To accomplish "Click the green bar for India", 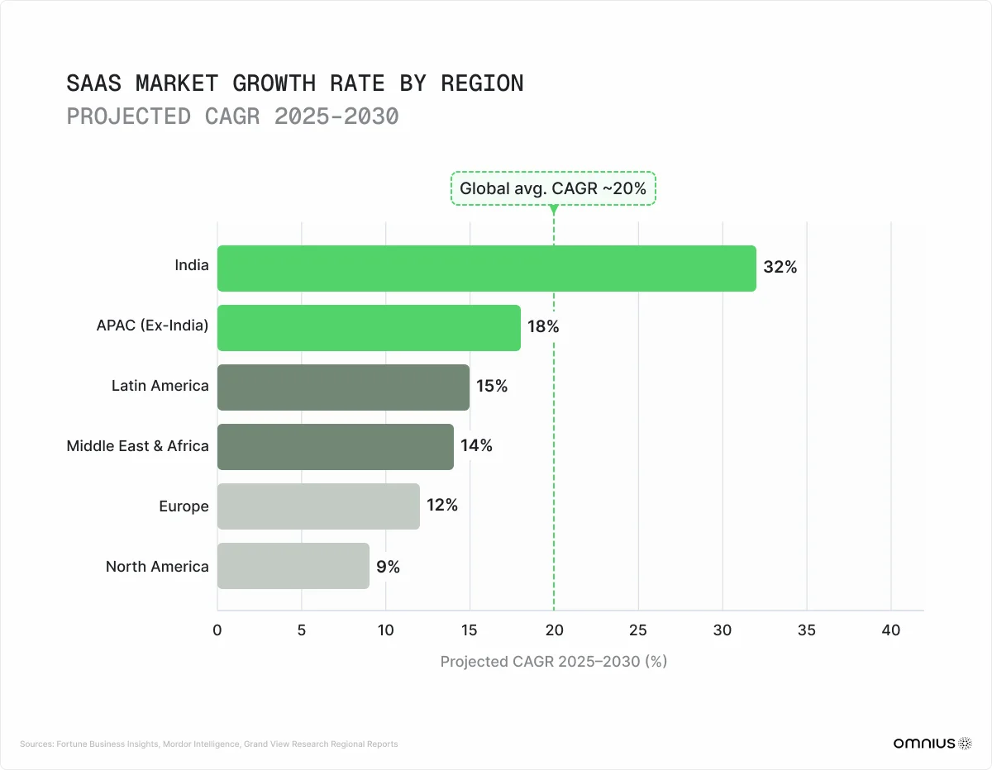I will (x=486, y=269).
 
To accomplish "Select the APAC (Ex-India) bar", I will (x=369, y=328).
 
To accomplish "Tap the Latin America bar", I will (x=343, y=387).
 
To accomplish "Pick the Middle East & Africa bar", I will (x=335, y=447).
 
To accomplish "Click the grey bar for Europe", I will (x=318, y=506).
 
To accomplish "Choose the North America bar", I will (x=293, y=566).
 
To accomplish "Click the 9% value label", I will (x=388, y=567).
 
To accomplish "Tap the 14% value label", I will (x=476, y=446).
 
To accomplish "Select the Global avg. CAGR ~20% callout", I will (x=553, y=188).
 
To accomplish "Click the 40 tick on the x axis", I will (x=890, y=630).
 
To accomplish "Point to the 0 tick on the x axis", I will (x=217, y=630).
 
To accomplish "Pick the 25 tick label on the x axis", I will (x=637, y=630).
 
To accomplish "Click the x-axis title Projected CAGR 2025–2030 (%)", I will (x=553, y=662).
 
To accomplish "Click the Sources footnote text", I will (x=208, y=744).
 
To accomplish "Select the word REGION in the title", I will (x=482, y=83).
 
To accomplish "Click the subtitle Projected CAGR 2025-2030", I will (x=232, y=116).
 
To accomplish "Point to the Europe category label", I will (x=184, y=506).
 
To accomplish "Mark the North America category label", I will (x=157, y=567).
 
